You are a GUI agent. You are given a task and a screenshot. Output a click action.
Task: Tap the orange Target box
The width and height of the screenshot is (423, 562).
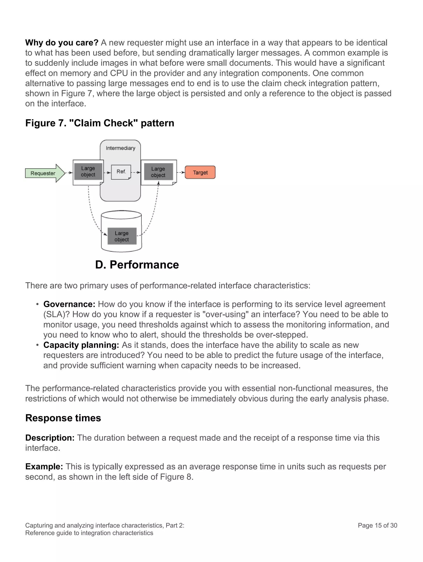pos(200,172)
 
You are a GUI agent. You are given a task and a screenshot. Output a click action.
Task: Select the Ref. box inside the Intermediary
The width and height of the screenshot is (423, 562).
pos(121,172)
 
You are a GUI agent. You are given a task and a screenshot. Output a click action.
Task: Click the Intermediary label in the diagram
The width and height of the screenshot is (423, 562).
pos(120,148)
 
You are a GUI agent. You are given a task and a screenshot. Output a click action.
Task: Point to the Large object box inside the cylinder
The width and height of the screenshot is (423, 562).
pos(122,236)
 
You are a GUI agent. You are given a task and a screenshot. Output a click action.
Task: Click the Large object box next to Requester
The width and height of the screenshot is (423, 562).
pos(88,172)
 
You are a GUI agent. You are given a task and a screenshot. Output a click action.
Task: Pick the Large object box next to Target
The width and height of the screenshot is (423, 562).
pos(158,172)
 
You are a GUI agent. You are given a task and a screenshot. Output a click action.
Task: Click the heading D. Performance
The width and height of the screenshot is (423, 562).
pos(137,265)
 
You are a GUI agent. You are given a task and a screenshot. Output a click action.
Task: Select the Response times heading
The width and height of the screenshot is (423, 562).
pos(63,418)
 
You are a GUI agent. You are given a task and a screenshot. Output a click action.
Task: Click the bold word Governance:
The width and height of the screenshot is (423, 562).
pos(69,304)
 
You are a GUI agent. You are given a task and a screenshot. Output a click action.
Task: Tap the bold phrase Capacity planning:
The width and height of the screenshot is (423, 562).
pos(81,345)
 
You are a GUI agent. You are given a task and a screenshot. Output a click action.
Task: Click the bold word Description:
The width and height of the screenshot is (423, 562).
pos(50,438)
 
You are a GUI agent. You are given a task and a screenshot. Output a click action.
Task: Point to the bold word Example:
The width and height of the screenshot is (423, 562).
pos(44,466)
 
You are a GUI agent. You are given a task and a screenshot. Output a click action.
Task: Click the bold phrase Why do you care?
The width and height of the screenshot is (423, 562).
pos(62,43)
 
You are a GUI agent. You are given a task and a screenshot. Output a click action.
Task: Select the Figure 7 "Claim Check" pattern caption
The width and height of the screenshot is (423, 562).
pos(100,123)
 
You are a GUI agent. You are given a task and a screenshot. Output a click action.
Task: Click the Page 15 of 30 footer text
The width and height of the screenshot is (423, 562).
pos(377,525)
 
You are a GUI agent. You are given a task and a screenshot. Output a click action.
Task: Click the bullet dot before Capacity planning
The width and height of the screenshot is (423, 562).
pos(37,345)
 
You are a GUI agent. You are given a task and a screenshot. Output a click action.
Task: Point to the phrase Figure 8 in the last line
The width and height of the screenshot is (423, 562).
pos(176,477)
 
